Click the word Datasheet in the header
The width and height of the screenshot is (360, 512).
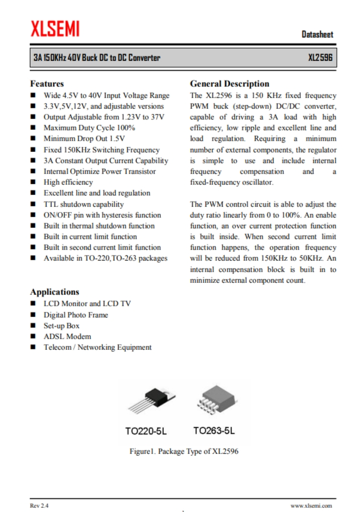(x=317, y=35)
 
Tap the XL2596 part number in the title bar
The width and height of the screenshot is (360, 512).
(x=320, y=59)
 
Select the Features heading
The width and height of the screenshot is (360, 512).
(x=47, y=84)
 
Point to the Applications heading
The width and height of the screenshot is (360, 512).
(x=54, y=292)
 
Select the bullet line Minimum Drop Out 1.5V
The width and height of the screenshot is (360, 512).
(x=84, y=139)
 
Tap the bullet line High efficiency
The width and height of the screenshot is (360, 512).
(x=68, y=182)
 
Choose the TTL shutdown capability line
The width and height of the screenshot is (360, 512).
(x=84, y=204)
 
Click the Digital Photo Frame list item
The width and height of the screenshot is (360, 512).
(x=75, y=315)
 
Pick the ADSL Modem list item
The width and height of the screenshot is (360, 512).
(x=67, y=336)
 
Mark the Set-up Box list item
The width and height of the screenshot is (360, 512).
(x=62, y=325)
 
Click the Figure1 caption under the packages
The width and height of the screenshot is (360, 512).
(x=184, y=451)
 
